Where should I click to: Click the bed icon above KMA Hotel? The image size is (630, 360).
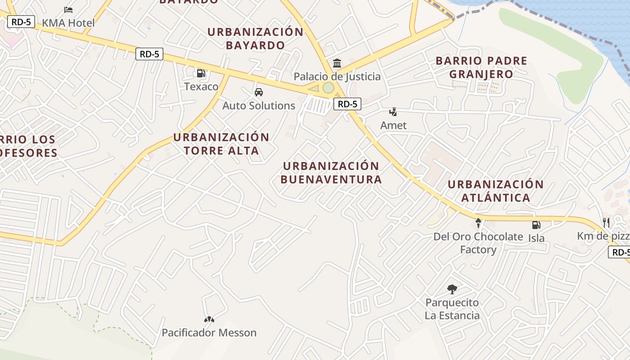pyautogui.click(x=68, y=9)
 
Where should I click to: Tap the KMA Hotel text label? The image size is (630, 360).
pyautogui.click(x=68, y=23)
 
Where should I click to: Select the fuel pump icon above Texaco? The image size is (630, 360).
pyautogui.click(x=201, y=73)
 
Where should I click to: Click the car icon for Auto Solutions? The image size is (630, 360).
pyautogui.click(x=259, y=92)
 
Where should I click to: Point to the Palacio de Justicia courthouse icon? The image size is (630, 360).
pyautogui.click(x=337, y=63)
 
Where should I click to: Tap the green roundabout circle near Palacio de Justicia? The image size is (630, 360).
pyautogui.click(x=328, y=87)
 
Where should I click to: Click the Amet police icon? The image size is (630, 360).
pyautogui.click(x=393, y=112)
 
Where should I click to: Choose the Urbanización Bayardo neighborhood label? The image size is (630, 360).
pyautogui.click(x=255, y=38)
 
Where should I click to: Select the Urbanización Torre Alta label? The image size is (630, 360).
pyautogui.click(x=221, y=144)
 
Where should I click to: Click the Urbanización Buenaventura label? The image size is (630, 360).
pyautogui.click(x=331, y=173)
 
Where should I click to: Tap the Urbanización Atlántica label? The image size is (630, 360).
pyautogui.click(x=495, y=191)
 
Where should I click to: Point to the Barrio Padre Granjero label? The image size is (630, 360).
pyautogui.click(x=481, y=67)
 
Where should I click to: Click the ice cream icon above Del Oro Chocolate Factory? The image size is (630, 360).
pyautogui.click(x=478, y=223)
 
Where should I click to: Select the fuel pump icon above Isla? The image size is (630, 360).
pyautogui.click(x=536, y=225)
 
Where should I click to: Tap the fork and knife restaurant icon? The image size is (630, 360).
pyautogui.click(x=606, y=222)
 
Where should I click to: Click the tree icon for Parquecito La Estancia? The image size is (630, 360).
pyautogui.click(x=452, y=289)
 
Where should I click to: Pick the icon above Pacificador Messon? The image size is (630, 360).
pyautogui.click(x=209, y=319)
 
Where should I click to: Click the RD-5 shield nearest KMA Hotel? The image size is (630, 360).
pyautogui.click(x=21, y=21)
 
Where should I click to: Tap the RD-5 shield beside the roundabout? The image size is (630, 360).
pyautogui.click(x=347, y=104)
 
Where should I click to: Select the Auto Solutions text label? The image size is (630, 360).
pyautogui.click(x=259, y=106)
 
